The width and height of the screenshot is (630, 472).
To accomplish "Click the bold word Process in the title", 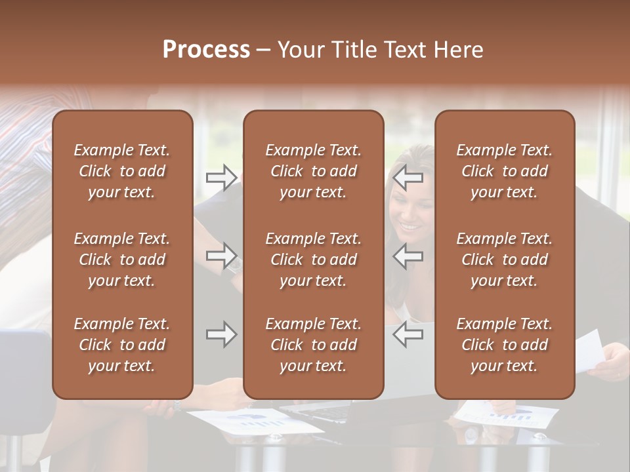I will coord(206,50).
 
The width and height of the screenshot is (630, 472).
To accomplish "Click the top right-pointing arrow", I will coord(221,177).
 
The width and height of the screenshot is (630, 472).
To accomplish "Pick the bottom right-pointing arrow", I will coord(221,335).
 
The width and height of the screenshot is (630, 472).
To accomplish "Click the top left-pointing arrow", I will coord(408,177).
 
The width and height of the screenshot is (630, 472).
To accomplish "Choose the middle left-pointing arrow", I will coord(408,256).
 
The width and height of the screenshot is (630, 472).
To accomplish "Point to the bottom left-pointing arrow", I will coord(408,334).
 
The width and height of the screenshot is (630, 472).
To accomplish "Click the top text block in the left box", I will coord(122,171).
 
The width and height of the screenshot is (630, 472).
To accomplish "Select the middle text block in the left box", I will coord(122,260).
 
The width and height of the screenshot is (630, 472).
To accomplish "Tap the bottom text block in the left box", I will coord(122,345).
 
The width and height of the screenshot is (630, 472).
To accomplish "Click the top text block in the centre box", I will coord(314,171).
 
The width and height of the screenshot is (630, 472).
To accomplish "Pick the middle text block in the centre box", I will coord(314,260).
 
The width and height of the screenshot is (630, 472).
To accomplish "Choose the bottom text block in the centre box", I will coord(314,345).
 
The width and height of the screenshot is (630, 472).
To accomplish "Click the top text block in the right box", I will coord(505,171).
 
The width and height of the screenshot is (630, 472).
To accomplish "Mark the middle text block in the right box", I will coord(505,260).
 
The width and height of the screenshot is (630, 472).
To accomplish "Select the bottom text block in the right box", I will coord(505,345).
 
